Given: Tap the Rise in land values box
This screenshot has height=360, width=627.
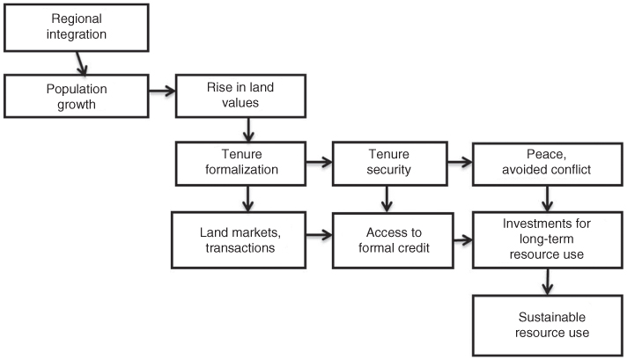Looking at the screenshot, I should [241, 95].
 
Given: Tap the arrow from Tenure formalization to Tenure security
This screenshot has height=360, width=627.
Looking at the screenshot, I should [319, 161].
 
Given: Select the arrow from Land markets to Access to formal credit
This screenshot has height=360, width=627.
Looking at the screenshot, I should [319, 236].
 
